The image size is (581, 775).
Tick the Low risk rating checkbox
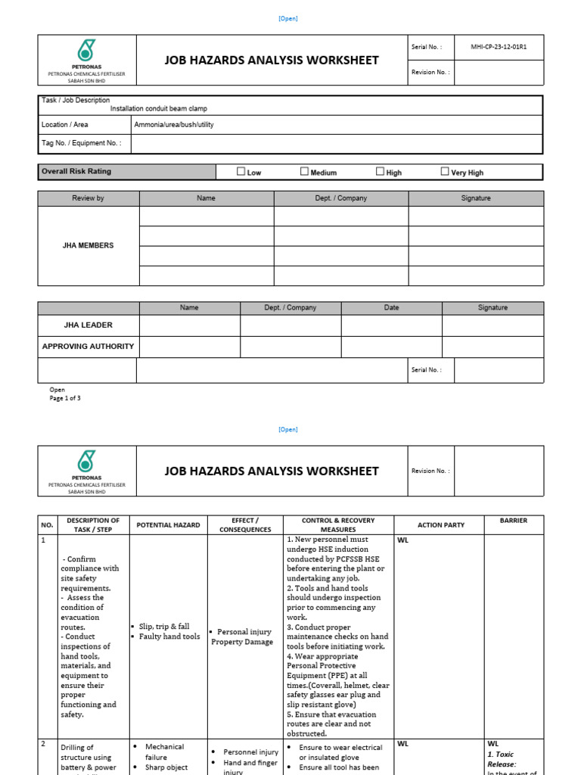click(x=241, y=172)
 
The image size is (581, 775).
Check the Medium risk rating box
click(x=305, y=172)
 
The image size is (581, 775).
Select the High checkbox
click(x=381, y=172)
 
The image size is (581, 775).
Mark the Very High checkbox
click(x=445, y=172)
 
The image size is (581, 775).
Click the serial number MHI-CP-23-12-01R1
click(x=499, y=47)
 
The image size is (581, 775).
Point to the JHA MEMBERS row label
click(x=89, y=246)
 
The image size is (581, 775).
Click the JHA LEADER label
click(x=89, y=325)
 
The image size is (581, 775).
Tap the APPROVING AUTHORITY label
click(x=89, y=347)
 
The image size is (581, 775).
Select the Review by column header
click(x=89, y=198)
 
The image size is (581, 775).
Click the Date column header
click(x=392, y=308)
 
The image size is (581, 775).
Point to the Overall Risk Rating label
click(x=76, y=172)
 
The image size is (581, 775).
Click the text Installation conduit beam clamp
click(x=158, y=109)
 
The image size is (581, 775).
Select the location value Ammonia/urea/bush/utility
click(x=173, y=125)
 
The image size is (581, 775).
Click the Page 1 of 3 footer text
click(x=65, y=398)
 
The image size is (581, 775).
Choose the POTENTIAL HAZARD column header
click(x=168, y=525)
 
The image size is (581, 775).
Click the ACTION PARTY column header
click(x=441, y=525)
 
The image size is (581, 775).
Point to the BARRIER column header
click(x=514, y=521)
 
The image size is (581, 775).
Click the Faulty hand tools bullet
click(x=169, y=636)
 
